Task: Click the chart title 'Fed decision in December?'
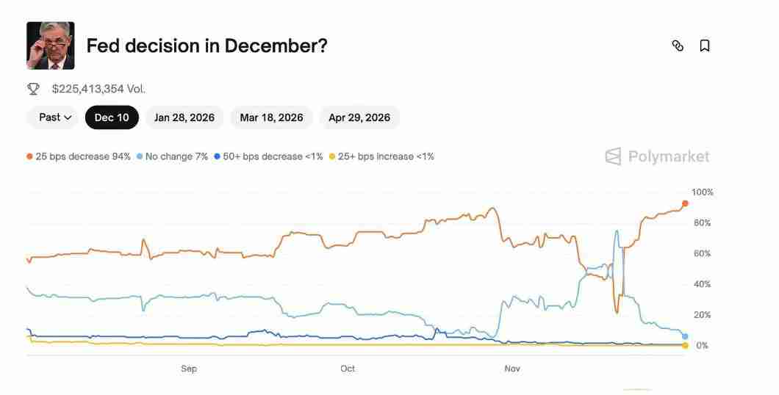click(x=207, y=46)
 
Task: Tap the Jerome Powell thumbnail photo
click(x=50, y=46)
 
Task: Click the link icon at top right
click(x=678, y=46)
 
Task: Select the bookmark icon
click(x=704, y=46)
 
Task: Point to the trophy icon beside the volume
click(x=33, y=89)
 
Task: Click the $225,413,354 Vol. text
click(x=98, y=89)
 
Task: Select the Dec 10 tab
click(x=112, y=117)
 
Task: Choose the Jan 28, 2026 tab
click(x=184, y=117)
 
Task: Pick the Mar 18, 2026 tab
click(x=271, y=117)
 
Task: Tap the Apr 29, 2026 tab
click(x=359, y=117)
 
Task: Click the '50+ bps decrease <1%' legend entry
click(x=268, y=156)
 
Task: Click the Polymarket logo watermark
click(x=657, y=156)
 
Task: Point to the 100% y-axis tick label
click(x=703, y=192)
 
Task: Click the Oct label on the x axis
click(x=348, y=369)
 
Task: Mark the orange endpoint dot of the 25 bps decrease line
click(x=685, y=203)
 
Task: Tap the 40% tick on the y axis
click(x=702, y=284)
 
